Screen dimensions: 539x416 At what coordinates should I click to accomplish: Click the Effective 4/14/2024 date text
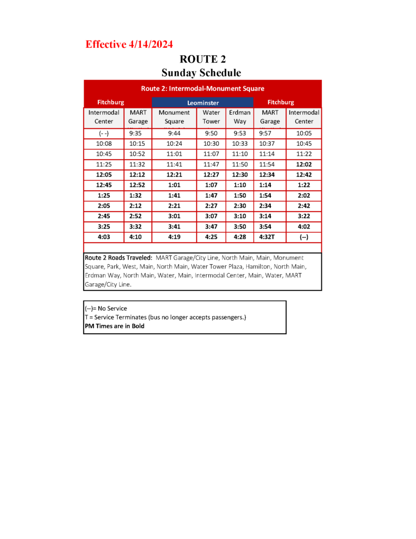point(129,45)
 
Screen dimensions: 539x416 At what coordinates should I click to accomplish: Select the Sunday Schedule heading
point(201,73)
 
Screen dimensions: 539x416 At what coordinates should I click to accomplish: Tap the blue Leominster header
point(202,103)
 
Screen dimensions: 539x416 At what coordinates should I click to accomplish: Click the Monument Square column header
point(174,117)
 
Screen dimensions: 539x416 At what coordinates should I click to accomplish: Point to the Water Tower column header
point(211,117)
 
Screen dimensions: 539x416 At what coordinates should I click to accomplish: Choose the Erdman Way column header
point(240,117)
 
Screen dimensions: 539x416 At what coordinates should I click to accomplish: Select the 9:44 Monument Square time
point(174,134)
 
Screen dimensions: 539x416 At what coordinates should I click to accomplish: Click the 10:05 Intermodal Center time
point(304,134)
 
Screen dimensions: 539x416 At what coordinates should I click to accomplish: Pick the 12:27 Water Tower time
point(211,175)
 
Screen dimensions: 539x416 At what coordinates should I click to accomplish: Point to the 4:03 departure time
point(104,237)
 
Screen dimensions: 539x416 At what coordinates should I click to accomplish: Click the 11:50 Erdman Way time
point(240,165)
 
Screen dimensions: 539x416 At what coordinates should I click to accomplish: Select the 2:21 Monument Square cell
point(174,206)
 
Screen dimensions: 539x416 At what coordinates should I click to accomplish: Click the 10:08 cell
point(104,144)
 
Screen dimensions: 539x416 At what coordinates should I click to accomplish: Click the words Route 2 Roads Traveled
point(118,258)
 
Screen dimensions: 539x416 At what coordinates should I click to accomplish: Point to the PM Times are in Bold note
point(115,326)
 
